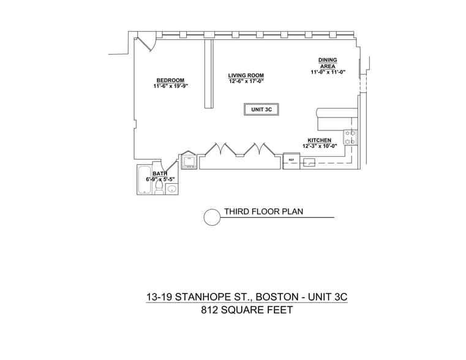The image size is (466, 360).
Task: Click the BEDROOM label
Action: (x=170, y=80)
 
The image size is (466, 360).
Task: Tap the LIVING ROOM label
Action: (x=246, y=75)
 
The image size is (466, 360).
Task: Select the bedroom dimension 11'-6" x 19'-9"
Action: (x=170, y=86)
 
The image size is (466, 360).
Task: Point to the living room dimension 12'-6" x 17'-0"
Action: (x=246, y=81)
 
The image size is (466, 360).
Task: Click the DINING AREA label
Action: (x=328, y=62)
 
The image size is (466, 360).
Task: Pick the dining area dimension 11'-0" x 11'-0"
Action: (x=328, y=72)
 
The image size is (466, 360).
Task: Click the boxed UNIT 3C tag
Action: (x=261, y=110)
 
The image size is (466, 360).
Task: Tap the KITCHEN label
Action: (x=319, y=140)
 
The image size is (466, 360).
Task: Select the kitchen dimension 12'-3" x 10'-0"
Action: (x=319, y=146)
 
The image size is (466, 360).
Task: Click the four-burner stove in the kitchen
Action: (x=350, y=137)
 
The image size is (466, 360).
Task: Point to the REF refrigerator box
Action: (x=291, y=161)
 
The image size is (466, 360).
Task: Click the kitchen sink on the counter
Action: (x=310, y=163)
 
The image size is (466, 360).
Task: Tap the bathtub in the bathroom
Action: (x=145, y=181)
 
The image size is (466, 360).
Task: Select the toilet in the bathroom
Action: (x=159, y=189)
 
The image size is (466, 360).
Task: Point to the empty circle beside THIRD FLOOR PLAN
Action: (x=212, y=217)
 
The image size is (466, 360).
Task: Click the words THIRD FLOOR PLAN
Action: (x=263, y=212)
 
